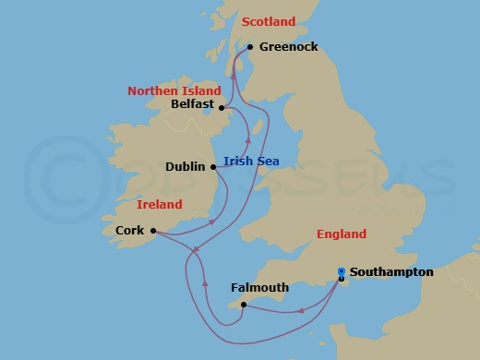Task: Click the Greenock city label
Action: (x=289, y=46)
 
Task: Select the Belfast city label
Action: (x=193, y=105)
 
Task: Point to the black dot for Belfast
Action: (x=221, y=107)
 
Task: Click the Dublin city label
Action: (x=186, y=167)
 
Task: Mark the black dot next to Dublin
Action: (x=213, y=167)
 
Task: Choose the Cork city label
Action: (x=130, y=231)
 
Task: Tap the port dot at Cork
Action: (x=152, y=231)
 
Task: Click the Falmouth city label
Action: (x=259, y=289)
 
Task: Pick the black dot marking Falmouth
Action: (x=242, y=305)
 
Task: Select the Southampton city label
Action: (x=392, y=272)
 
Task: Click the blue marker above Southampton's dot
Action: (x=342, y=270)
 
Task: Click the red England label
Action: (x=341, y=234)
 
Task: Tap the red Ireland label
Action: (x=159, y=204)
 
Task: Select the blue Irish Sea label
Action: (x=251, y=162)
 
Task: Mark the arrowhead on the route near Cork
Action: (x=213, y=222)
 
